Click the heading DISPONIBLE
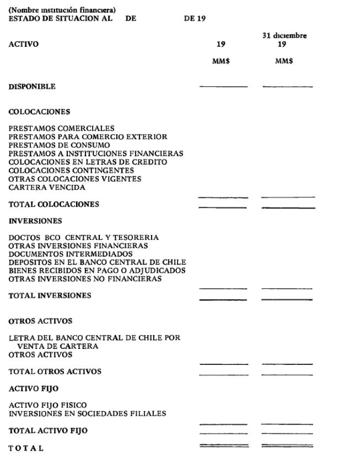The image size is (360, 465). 32,87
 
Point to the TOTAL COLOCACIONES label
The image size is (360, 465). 54,204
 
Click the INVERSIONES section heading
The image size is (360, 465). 34,221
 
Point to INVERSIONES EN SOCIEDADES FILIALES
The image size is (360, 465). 77,411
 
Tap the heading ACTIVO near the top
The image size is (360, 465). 24,45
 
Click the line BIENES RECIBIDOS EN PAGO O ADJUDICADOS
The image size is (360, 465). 90,271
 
